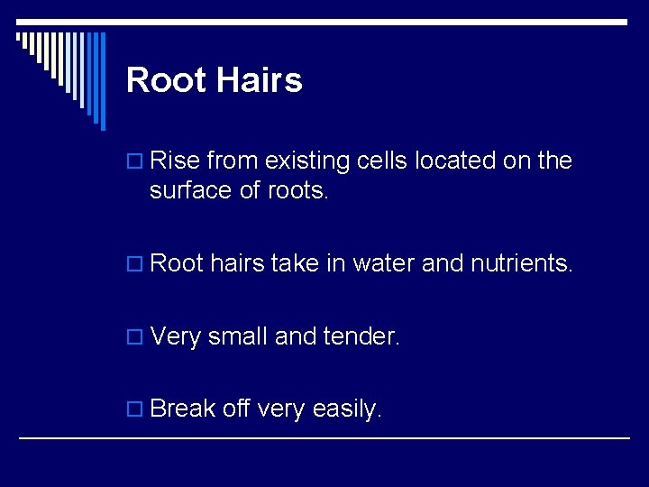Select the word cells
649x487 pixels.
coord(382,161)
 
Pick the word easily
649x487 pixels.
coord(347,409)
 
